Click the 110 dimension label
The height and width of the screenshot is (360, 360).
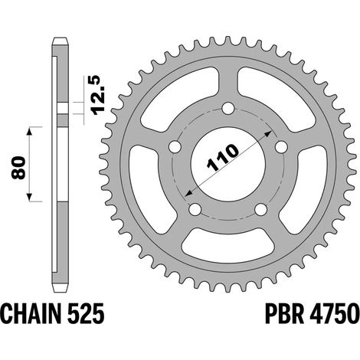[223, 158]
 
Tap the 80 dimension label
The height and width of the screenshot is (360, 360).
[18, 167]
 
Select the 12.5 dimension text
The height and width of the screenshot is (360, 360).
[98, 96]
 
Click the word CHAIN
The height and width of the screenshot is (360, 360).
[32, 313]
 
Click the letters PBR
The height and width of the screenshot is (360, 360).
[284, 313]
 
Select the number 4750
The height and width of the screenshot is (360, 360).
[334, 313]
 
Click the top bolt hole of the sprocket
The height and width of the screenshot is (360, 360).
[228, 108]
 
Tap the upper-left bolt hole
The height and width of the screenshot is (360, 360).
[175, 146]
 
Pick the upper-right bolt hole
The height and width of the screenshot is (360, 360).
[281, 146]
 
